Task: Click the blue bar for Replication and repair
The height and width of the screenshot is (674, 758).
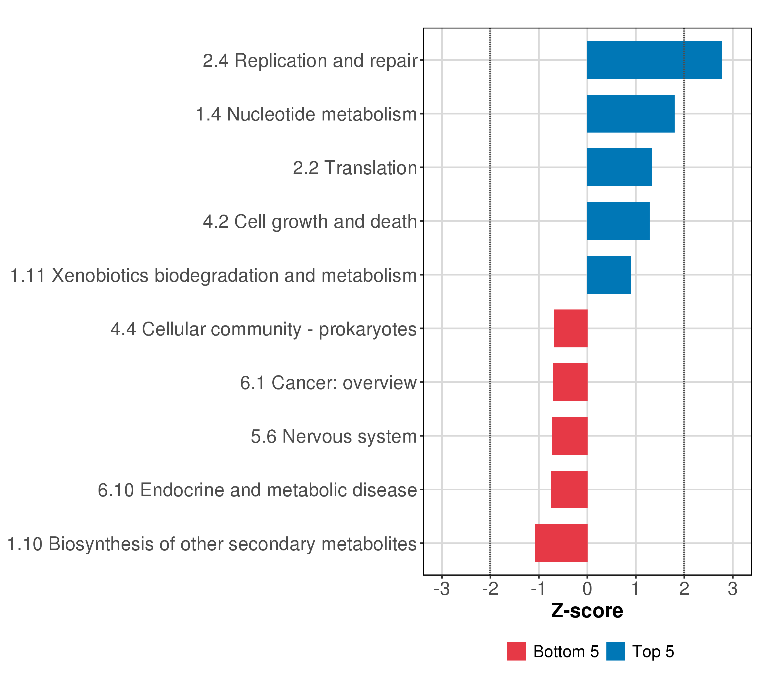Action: pyautogui.click(x=654, y=60)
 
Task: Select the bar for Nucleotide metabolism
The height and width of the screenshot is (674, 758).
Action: pyautogui.click(x=631, y=113)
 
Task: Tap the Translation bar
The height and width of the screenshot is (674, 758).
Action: pyautogui.click(x=619, y=167)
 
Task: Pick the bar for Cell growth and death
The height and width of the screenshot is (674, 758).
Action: pyautogui.click(x=618, y=221)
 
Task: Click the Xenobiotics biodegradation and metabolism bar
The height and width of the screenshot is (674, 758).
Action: pyautogui.click(x=609, y=275)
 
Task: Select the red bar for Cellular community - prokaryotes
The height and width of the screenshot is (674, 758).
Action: pyautogui.click(x=571, y=329)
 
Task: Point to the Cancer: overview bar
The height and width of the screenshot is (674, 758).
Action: pyautogui.click(x=570, y=382)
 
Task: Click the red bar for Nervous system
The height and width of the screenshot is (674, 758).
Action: pyautogui.click(x=570, y=436)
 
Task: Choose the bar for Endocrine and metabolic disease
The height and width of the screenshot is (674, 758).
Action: pyautogui.click(x=569, y=490)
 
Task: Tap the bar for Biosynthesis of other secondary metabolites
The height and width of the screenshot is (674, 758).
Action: pyautogui.click(x=561, y=543)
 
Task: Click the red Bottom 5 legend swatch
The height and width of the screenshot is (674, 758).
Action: pyautogui.click(x=517, y=651)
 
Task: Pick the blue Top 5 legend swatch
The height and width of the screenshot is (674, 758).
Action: pyautogui.click(x=616, y=651)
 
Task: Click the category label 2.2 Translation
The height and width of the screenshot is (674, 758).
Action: pyautogui.click(x=355, y=168)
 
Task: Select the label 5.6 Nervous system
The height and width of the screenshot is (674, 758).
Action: pyautogui.click(x=334, y=436)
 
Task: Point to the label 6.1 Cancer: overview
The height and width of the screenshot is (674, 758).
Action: pyautogui.click(x=328, y=382)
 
